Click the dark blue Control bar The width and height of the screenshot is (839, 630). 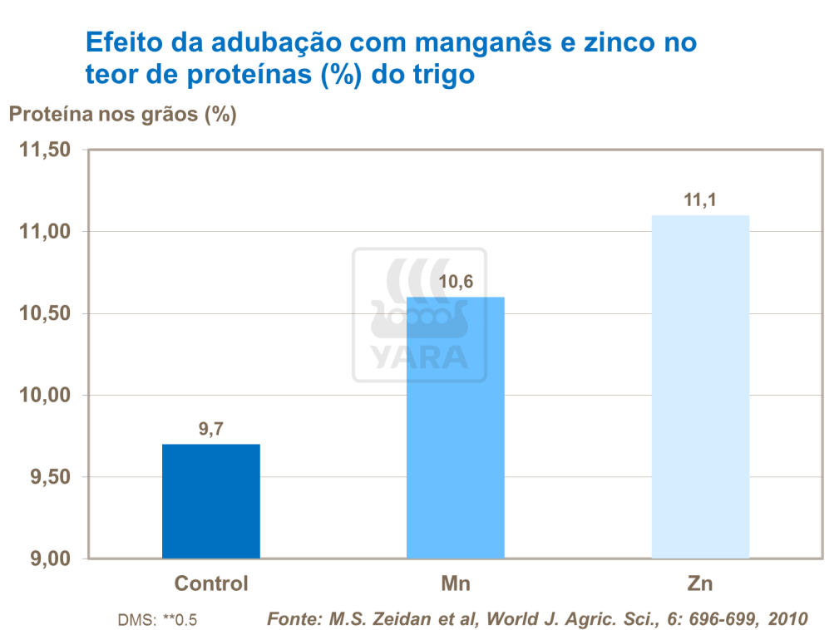click(210, 500)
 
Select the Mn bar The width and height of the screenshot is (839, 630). click(455, 427)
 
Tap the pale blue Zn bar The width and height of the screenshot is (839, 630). click(700, 386)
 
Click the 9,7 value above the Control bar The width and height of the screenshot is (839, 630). click(211, 430)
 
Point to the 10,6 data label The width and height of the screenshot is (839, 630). click(456, 283)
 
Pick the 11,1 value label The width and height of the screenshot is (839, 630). click(700, 200)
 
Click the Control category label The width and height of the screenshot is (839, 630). click(211, 583)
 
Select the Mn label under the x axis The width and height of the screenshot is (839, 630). click(455, 583)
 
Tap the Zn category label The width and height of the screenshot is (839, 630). click(700, 583)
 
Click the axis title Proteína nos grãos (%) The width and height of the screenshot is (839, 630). click(123, 115)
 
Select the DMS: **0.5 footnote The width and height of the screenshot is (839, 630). click(157, 620)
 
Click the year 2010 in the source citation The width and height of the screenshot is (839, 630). click(787, 619)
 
